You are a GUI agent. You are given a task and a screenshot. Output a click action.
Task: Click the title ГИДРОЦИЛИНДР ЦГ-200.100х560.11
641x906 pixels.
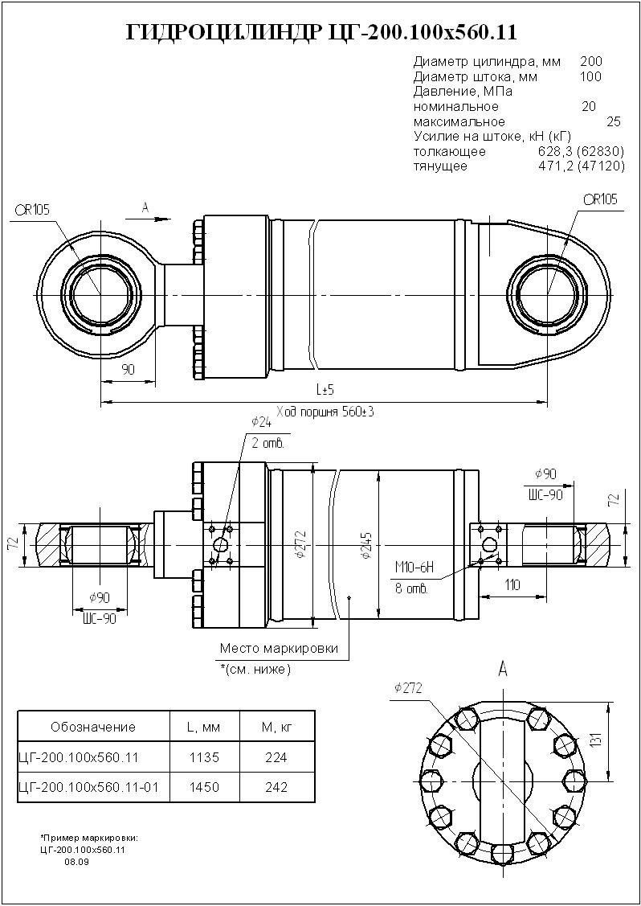tap(321, 32)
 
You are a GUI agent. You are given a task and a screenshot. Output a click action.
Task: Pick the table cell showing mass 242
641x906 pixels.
tap(276, 788)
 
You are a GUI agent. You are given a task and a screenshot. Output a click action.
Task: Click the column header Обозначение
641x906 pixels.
tap(93, 727)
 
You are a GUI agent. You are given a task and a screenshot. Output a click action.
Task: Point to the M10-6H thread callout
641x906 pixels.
tap(414, 569)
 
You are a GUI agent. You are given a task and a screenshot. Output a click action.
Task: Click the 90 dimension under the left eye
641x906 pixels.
tap(128, 369)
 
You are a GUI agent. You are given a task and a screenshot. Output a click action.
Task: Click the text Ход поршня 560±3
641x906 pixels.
tap(325, 411)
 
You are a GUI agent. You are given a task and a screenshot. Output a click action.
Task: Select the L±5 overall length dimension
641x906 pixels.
tap(325, 390)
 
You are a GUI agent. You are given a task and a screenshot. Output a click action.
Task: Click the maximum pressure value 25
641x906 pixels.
tap(614, 121)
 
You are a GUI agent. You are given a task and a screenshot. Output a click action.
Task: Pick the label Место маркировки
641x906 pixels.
tap(279, 648)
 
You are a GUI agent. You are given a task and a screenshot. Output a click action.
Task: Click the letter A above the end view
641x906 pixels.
tap(503, 669)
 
